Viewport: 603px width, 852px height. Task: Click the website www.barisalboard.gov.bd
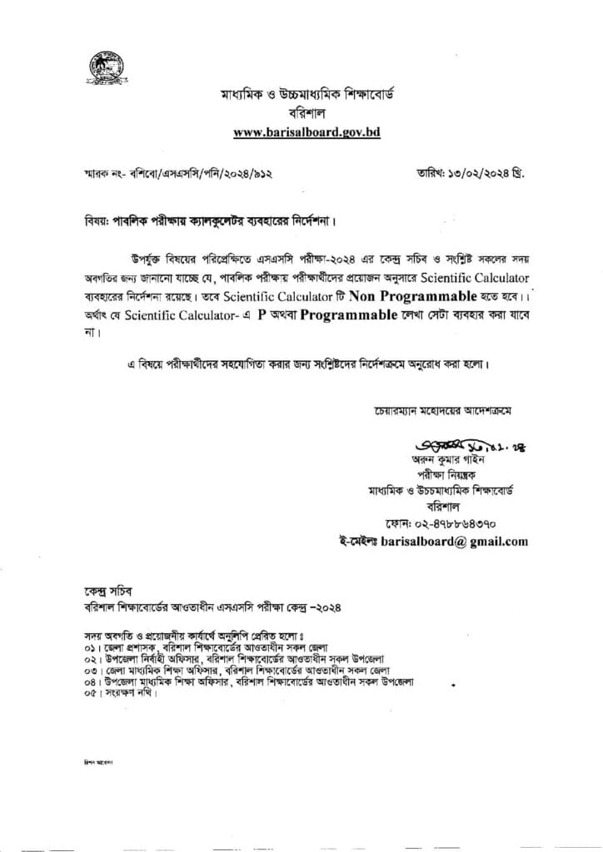(306, 131)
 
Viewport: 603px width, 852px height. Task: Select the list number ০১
(82, 647)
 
